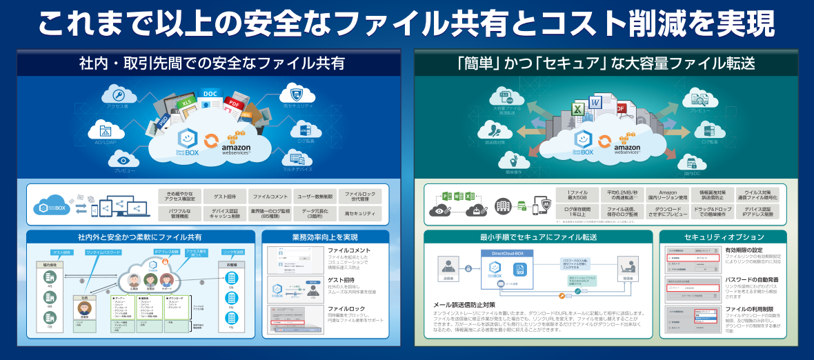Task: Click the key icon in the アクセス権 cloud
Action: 119,95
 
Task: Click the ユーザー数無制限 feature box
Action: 315,196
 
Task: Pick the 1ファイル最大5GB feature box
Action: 578,195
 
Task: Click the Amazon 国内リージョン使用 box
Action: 668,195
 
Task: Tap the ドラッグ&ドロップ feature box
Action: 713,212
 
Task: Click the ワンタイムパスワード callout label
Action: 105,253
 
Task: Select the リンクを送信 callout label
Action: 233,253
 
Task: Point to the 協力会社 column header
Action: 50,264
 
